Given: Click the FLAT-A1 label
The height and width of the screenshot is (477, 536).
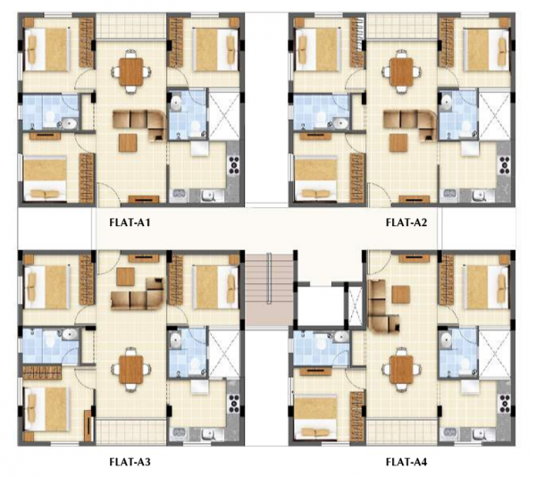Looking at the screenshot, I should [130, 222].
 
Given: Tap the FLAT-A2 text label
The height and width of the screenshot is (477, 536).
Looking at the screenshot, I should [406, 222].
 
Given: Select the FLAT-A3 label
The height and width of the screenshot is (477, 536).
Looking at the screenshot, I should [130, 462].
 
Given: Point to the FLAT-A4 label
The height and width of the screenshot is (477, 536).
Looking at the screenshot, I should [406, 462].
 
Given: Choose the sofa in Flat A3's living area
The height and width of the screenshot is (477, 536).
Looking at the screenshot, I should [134, 294].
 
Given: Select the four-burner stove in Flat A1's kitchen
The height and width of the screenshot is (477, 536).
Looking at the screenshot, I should [235, 165].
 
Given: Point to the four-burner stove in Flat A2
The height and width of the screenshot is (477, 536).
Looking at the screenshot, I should [505, 165].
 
